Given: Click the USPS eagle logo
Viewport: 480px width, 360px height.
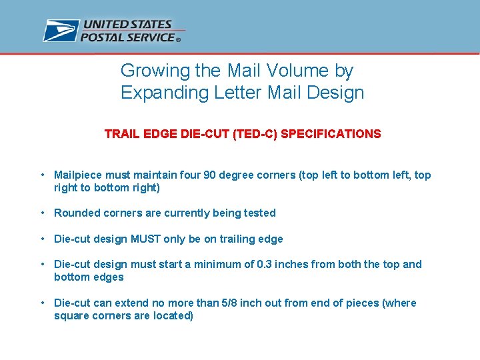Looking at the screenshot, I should [x=61, y=31].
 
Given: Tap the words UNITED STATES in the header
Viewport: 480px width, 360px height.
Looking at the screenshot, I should [x=127, y=25].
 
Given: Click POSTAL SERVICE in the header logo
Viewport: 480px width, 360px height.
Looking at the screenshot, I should [x=128, y=37].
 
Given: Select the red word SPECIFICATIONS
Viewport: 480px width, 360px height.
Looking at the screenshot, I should [x=331, y=134].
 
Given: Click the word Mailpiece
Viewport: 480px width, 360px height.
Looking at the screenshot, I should [x=78, y=175].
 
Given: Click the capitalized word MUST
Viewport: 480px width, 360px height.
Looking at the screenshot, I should [x=149, y=239].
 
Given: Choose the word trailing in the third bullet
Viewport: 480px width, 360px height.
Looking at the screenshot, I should [x=233, y=239].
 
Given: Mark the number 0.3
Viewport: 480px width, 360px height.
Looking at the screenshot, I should [x=265, y=265].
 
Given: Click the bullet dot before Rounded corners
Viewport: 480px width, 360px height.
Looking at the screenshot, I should [x=42, y=213].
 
